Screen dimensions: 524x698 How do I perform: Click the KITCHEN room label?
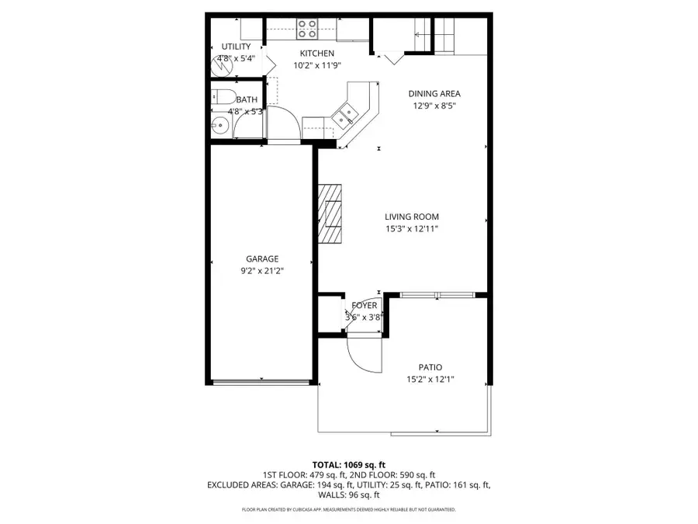pos(317,54)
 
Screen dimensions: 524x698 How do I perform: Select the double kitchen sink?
pos(344,116)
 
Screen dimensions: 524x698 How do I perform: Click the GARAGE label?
pos(262,259)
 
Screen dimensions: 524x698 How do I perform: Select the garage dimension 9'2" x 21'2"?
pos(262,271)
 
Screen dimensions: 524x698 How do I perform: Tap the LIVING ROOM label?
pos(412,217)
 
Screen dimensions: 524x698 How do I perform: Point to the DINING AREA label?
pos(434,94)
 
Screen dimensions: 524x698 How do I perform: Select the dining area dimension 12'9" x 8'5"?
pos(434,106)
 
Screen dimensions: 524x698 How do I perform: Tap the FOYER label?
pos(365,306)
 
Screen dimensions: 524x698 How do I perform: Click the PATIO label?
pos(430,367)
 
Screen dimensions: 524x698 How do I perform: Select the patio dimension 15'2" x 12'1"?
pos(430,380)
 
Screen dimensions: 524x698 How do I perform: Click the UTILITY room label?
pos(237,47)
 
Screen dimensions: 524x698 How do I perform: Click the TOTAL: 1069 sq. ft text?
pos(348,464)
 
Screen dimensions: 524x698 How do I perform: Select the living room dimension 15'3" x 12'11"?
pos(412,229)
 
